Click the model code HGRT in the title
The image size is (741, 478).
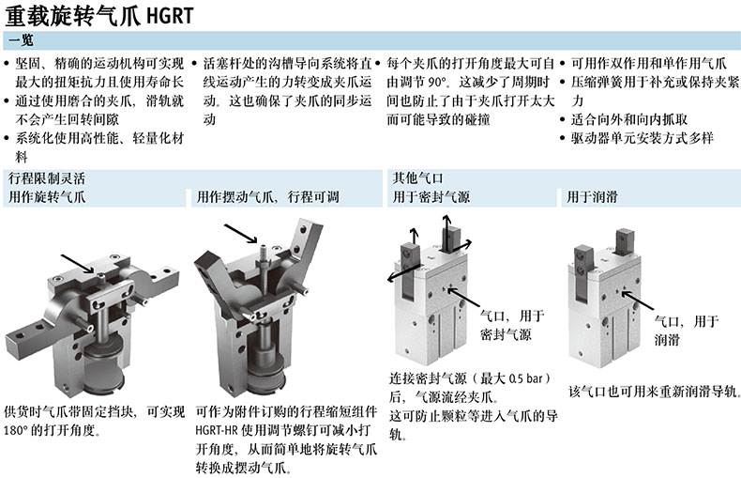point(170,16)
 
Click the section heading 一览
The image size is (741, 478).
point(22,40)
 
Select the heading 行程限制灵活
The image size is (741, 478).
point(47,178)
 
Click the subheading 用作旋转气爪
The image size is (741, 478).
point(47,197)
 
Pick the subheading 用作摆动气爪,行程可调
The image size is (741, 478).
point(268,197)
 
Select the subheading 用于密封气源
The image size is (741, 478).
point(431,197)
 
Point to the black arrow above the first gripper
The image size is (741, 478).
point(78,264)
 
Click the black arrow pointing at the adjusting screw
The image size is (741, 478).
point(240,234)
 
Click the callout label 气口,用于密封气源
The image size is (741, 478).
point(512,325)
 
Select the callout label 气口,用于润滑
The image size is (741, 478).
point(687,331)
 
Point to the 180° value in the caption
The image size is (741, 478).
point(15,431)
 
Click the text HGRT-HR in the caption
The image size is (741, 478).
point(217,431)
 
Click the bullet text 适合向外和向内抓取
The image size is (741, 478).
point(629,119)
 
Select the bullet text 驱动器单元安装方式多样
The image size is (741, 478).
point(643,138)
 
